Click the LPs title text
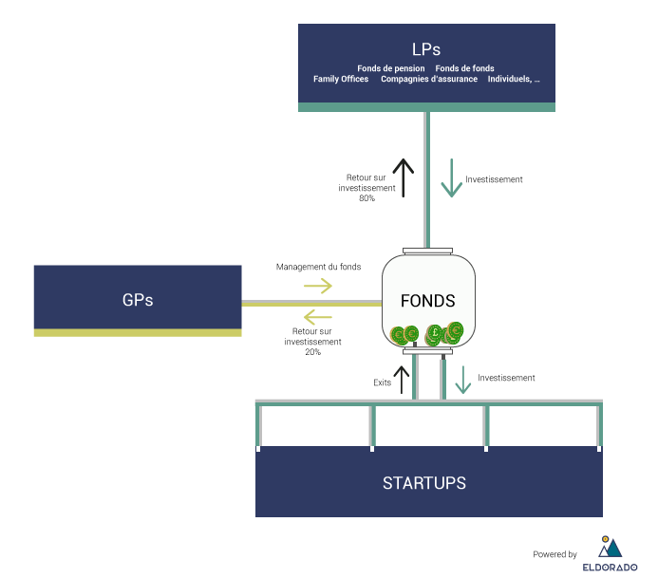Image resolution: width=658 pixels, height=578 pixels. coord(426,49)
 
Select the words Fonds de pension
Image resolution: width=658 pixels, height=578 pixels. coord(391,68)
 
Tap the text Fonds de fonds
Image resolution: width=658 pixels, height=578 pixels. coord(464,68)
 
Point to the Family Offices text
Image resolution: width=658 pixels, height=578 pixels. coord(341,79)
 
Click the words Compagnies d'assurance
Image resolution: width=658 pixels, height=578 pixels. coord(429,79)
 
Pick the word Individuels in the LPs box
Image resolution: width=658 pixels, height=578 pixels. coord(510,79)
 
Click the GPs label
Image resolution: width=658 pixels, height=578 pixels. coord(138,300)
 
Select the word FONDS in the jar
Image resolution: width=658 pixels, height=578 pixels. coord(427,301)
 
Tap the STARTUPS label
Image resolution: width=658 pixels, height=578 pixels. coord(424,483)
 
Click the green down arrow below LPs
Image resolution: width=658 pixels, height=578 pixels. coord(451,177)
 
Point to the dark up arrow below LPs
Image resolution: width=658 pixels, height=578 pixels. coord(404,177)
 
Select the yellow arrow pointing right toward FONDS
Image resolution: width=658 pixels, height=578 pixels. coord(318,286)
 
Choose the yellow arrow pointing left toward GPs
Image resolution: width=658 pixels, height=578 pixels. coord(318,317)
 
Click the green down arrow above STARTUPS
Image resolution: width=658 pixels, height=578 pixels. coord(462,380)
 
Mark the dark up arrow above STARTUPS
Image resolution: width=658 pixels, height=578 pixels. coord(403,380)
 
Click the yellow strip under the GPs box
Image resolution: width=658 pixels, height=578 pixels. coord(138,333)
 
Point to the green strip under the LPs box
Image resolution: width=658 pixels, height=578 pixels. coord(426,107)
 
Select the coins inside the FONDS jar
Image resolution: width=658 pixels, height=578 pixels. coord(427,334)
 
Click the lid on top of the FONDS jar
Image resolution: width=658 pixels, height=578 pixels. coord(427,251)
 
